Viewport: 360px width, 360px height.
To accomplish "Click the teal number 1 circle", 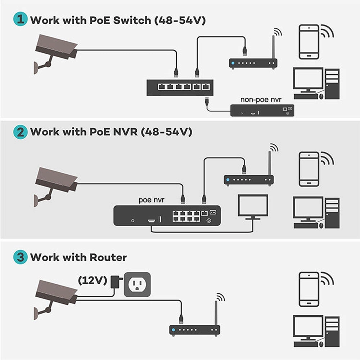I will (x=21, y=20).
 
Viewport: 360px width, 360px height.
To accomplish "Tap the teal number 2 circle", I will (x=21, y=132).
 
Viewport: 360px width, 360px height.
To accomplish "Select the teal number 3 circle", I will (x=21, y=257).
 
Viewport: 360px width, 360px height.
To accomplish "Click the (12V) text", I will (x=93, y=280).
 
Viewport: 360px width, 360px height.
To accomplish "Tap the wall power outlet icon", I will (x=137, y=284).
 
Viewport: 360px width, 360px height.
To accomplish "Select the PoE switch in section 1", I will (x=180, y=87).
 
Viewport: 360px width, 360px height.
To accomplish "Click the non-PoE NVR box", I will (x=262, y=110).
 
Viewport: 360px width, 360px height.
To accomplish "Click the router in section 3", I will (x=194, y=329).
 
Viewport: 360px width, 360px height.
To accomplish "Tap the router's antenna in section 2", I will (x=269, y=164).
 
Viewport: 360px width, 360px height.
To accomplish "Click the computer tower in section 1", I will (x=332, y=83).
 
